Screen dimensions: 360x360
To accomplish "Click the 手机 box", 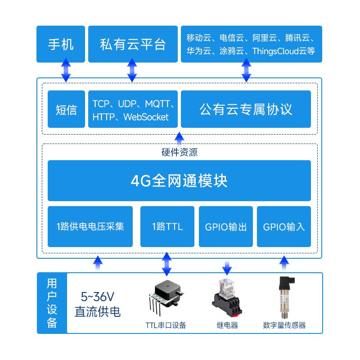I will point(60,44).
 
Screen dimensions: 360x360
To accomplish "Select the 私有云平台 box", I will point(132,44).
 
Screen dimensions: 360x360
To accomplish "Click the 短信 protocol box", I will point(66,109).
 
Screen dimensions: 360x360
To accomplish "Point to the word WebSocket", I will point(146,117).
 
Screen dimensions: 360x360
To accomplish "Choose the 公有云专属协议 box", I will point(246,109).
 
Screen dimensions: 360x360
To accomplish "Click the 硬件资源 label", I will point(179,152).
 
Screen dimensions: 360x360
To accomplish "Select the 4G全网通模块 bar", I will point(179,180).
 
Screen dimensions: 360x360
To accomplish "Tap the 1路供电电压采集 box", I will point(90,226).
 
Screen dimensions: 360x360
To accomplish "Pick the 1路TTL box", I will point(167,226).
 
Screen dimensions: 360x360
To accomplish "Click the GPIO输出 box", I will point(225,226).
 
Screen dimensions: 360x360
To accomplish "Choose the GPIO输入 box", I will point(283,226).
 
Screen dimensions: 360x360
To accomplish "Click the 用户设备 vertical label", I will point(52,303).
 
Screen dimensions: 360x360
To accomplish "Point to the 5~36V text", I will point(98,297).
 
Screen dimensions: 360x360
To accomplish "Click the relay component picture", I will point(227,297).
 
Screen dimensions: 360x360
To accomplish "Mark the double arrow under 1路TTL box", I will point(167,264).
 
